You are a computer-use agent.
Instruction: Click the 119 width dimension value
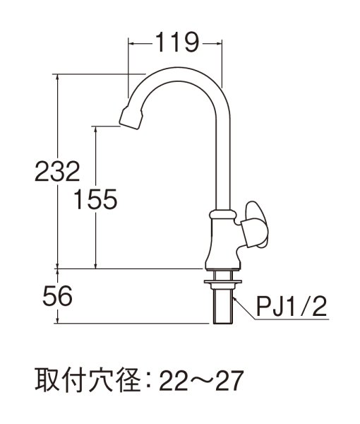175,44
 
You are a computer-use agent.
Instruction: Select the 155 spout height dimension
95,200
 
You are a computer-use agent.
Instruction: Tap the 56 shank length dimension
56,296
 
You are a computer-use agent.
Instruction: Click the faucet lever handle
253,225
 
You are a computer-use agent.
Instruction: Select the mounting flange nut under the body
222,283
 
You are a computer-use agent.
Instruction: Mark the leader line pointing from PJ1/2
244,307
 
